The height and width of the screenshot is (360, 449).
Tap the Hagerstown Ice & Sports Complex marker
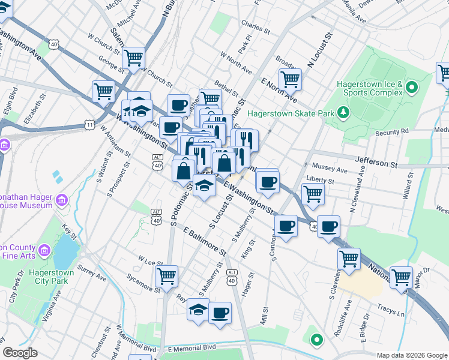[x=411, y=89]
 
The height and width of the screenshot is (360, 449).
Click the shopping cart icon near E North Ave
[x=290, y=78]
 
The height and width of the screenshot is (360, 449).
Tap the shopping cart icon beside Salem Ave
[x=133, y=58]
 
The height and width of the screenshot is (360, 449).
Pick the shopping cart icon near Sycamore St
[x=167, y=276]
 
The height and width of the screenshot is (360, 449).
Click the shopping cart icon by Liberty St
[x=313, y=193]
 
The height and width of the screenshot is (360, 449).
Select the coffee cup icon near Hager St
[x=220, y=313]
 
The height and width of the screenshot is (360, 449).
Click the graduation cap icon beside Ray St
[x=198, y=310]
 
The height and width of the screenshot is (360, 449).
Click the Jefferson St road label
[x=376, y=162]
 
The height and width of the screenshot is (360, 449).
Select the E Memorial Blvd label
[x=192, y=349]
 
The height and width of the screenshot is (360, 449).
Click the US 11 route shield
[x=89, y=124]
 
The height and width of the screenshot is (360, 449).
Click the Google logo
[x=20, y=353]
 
